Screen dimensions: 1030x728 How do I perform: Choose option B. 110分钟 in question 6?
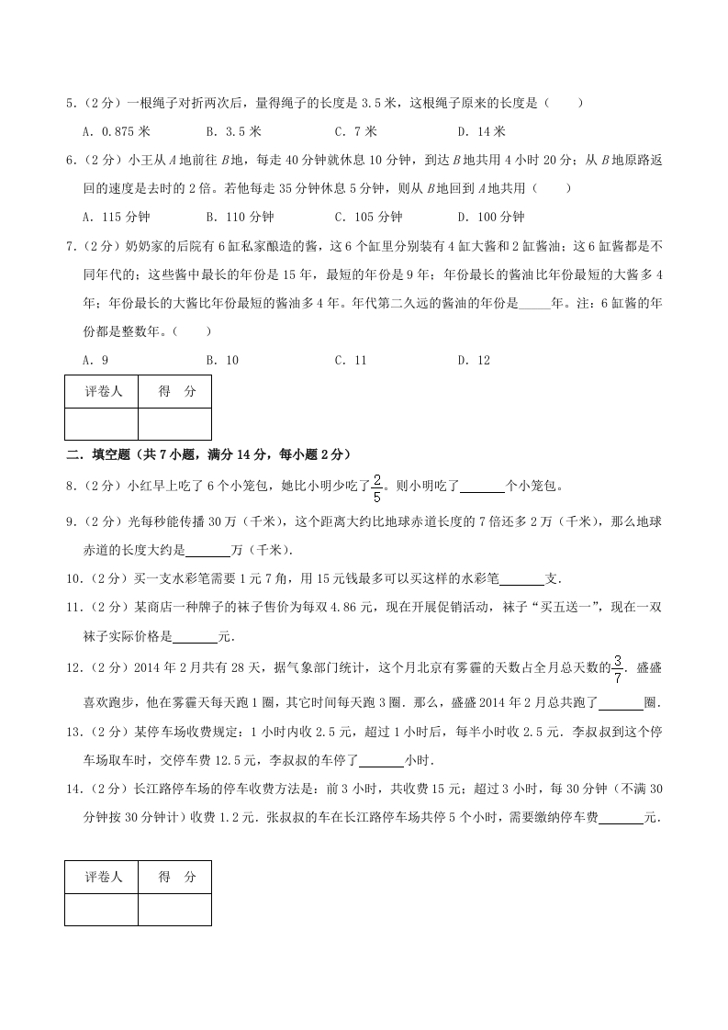240,217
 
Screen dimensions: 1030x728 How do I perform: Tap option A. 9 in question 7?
95,360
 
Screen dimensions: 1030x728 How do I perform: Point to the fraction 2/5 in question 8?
376,484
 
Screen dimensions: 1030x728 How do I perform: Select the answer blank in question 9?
208,551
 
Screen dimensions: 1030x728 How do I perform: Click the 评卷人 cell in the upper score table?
102,391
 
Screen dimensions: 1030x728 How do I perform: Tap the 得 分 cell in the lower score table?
175,877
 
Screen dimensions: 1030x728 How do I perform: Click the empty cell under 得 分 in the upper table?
175,423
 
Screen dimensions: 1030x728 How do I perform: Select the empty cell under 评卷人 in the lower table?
102,909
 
